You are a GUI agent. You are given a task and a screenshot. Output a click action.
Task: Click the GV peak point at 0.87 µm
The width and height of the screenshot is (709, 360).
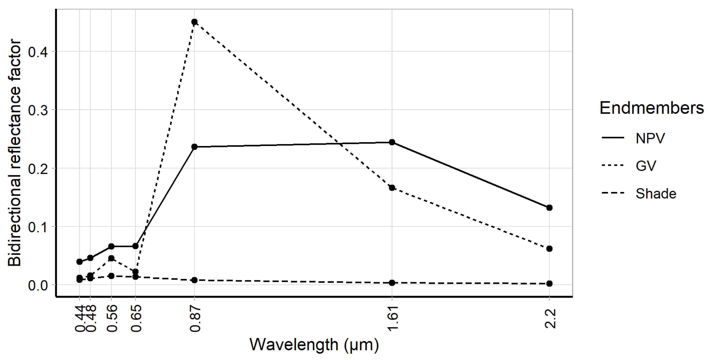(x=194, y=22)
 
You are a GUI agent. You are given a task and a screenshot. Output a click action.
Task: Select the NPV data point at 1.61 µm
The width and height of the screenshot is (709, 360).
(x=392, y=142)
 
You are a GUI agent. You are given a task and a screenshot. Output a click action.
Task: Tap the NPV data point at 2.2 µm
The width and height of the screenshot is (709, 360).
(x=549, y=207)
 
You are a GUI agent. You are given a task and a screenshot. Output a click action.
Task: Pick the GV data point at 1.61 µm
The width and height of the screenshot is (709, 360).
(x=392, y=188)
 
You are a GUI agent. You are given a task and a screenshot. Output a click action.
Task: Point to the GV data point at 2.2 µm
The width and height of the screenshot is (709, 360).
(x=549, y=248)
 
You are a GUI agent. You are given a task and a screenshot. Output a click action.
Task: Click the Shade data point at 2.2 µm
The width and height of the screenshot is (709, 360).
(x=549, y=283)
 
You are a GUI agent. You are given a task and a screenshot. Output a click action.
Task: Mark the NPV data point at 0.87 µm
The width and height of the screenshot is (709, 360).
(x=194, y=147)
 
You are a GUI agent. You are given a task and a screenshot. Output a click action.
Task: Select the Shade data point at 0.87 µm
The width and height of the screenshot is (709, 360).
(x=194, y=280)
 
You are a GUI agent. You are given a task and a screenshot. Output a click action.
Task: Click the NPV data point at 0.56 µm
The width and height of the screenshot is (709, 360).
(x=111, y=246)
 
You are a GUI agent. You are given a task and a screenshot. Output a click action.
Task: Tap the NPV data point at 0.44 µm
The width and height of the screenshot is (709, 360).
(x=79, y=261)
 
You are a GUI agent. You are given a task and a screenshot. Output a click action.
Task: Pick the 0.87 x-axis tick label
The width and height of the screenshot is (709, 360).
(x=195, y=320)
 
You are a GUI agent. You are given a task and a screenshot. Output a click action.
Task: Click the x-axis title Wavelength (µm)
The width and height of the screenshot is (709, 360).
(x=314, y=344)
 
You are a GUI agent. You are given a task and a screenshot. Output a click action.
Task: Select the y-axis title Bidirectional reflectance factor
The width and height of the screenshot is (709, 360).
(x=14, y=153)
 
